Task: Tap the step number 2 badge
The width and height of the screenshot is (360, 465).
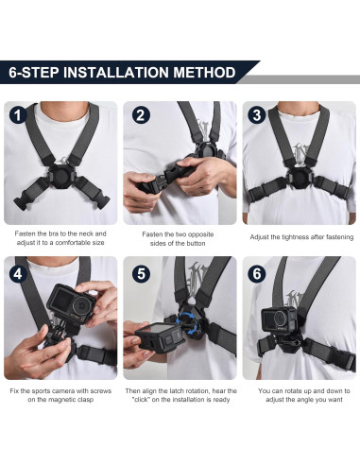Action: (141, 115)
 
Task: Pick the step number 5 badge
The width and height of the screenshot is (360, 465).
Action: (141, 272)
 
